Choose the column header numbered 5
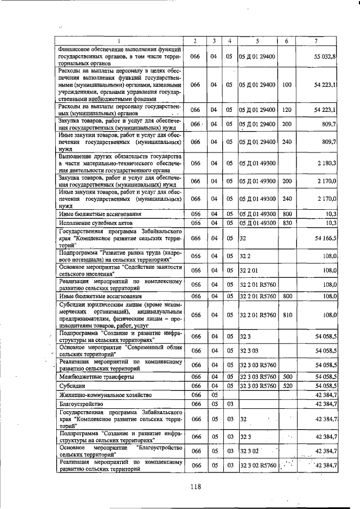click(258, 41)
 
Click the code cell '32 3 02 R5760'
click(258, 466)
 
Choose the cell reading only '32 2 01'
click(249, 271)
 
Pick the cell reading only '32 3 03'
click(249, 350)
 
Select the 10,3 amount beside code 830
click(331, 223)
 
